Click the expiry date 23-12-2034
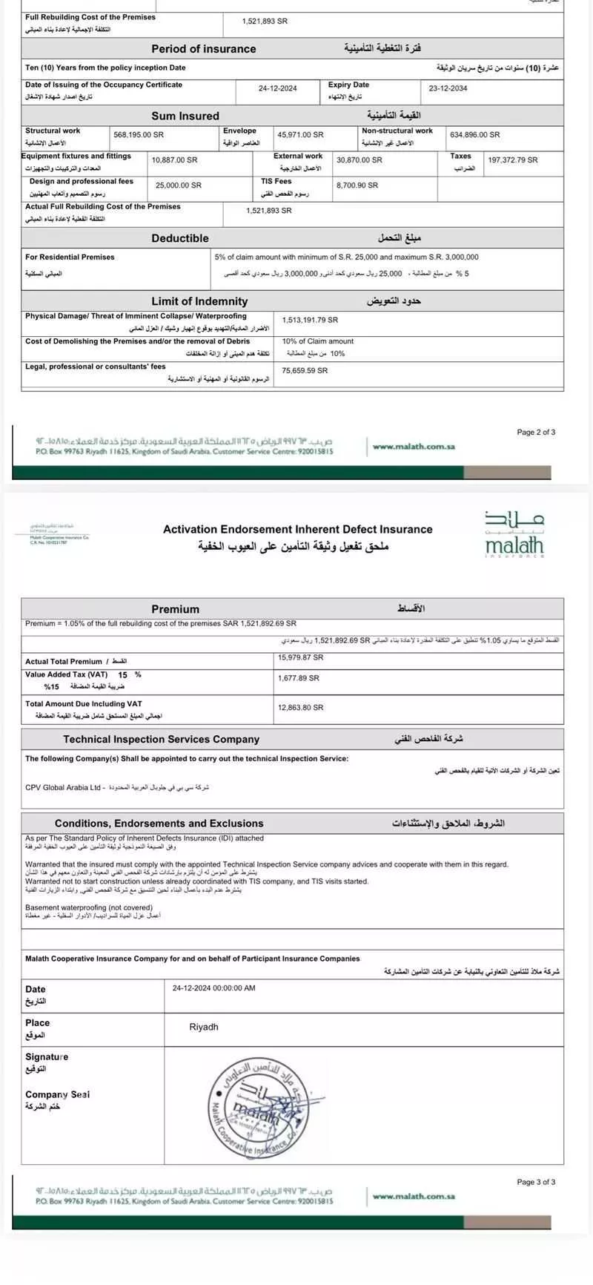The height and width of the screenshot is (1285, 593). [448, 88]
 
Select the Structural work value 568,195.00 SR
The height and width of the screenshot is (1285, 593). [139, 135]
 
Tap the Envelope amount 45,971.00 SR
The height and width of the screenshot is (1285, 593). [300, 135]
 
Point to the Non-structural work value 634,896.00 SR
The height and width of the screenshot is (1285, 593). [474, 135]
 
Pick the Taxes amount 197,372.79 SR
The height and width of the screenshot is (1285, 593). [512, 160]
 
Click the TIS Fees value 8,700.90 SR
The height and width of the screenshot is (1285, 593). [357, 185]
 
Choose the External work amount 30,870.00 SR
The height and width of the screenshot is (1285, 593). [360, 160]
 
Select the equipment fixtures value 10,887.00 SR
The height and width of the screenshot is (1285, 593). [175, 160]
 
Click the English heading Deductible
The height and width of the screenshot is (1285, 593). [180, 238]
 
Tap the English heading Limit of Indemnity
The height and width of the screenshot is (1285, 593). [199, 301]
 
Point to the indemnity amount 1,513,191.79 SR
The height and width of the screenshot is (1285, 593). [310, 321]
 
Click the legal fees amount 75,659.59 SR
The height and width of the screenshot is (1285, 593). [305, 371]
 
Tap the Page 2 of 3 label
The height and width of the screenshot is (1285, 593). [536, 433]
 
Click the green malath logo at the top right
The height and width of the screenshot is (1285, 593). [514, 534]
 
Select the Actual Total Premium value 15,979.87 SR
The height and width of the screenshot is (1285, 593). [301, 657]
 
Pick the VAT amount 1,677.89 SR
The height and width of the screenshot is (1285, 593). [299, 678]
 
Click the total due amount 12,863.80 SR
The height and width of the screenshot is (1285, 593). [301, 708]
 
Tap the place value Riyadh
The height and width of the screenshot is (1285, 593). [204, 1028]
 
